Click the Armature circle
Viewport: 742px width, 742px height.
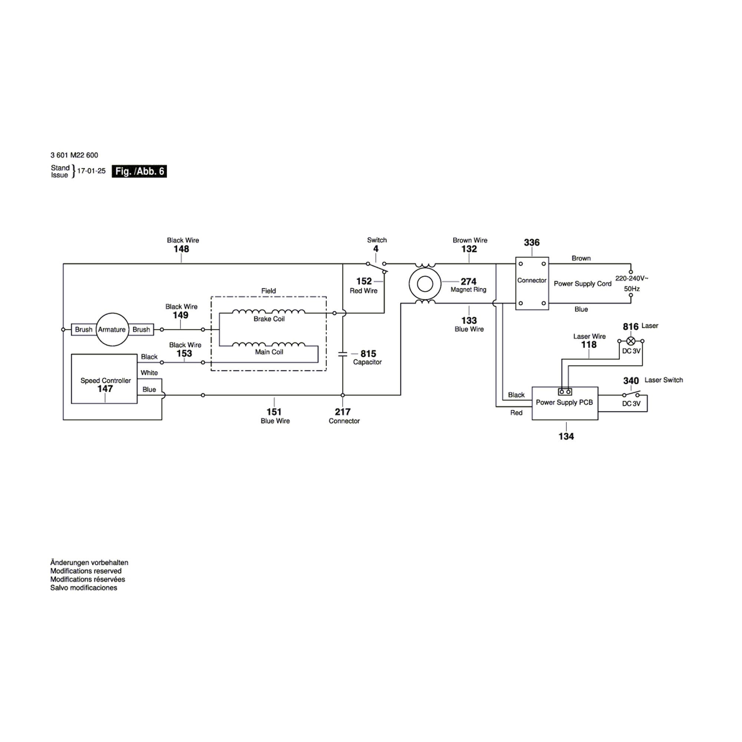111,329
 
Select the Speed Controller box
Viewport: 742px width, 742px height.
104,379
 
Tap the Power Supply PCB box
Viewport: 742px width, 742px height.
564,403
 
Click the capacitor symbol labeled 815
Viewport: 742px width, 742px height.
342,354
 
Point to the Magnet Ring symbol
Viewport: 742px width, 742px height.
425,284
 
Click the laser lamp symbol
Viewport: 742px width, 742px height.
630,341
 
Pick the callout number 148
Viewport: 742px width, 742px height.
181,249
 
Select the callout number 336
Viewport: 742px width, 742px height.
532,243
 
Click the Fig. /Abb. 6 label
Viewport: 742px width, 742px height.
139,171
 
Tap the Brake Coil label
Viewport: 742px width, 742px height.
269,319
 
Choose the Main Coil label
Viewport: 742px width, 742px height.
269,352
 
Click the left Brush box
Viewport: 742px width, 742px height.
83,329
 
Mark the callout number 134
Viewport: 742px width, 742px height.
566,436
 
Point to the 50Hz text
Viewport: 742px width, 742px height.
631,289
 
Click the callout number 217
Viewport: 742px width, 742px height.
342,412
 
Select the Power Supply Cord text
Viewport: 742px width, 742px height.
582,284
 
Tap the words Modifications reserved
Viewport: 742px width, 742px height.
86,571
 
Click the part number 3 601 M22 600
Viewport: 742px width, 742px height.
74,155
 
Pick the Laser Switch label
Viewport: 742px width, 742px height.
663,380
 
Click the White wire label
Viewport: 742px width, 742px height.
149,373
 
